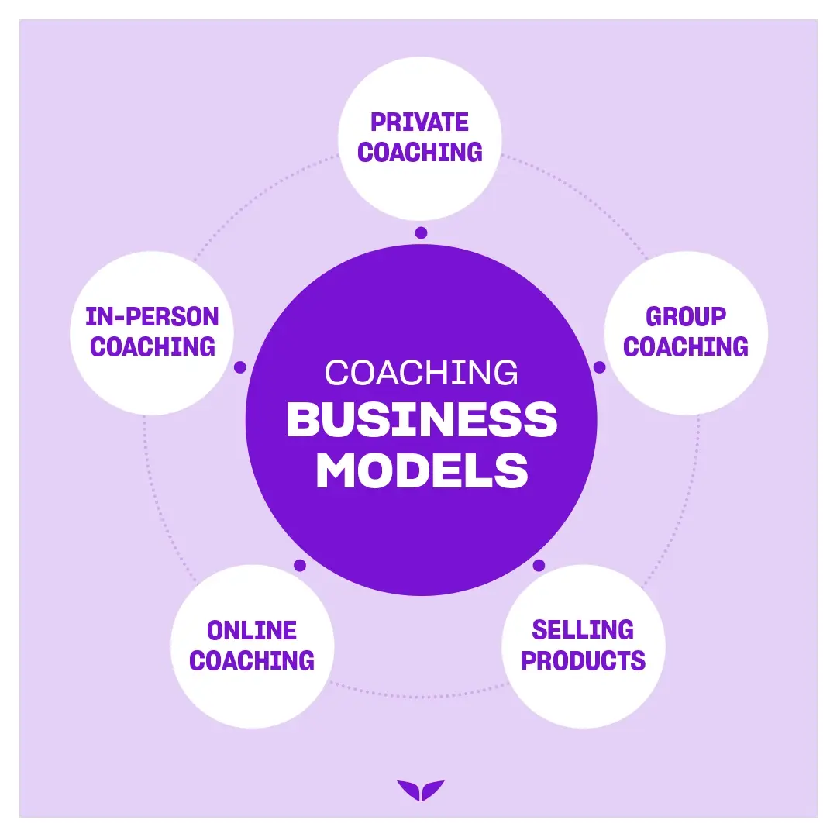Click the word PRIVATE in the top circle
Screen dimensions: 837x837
coord(419,122)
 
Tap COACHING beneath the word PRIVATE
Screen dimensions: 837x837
coord(419,152)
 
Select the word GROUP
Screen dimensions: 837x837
coord(685,316)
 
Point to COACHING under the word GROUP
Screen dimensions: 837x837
coord(685,346)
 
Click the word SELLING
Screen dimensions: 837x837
coord(583,629)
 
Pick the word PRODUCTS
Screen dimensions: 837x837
coord(583,660)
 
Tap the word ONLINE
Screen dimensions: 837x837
coord(252,630)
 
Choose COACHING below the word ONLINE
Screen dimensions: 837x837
coord(252,660)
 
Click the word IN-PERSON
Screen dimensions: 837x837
coord(152,316)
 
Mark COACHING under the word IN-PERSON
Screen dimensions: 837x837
coord(152,346)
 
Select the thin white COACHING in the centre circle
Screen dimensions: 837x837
coord(421,373)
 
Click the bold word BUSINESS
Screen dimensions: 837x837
coord(422,421)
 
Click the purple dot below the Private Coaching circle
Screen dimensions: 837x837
coord(421,232)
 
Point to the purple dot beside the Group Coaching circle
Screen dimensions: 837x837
coord(599,367)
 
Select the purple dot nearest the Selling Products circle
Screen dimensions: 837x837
coord(539,565)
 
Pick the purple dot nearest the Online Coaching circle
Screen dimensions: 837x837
coord(300,565)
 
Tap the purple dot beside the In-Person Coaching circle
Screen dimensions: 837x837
coord(240,367)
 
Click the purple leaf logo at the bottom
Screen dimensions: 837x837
coord(421,790)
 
